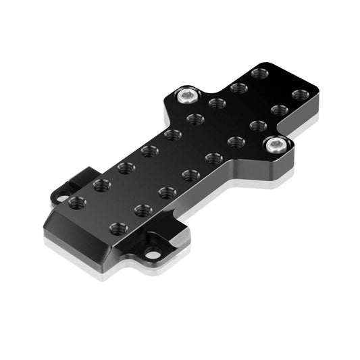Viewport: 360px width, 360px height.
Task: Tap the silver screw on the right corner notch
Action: point(274,144)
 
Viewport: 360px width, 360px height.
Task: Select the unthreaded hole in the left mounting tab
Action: point(62,199)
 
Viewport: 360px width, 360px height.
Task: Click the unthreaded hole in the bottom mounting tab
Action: point(153,255)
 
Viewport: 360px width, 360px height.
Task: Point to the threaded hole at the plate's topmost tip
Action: point(259,72)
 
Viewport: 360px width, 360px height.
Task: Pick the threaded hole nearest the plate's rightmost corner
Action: point(301,95)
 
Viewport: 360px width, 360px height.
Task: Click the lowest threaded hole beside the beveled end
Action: point(119,228)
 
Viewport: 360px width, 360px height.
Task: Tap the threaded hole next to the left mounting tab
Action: point(76,202)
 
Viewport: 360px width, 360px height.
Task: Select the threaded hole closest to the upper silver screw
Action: point(217,103)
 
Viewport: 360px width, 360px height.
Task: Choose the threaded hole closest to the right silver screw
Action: point(258,126)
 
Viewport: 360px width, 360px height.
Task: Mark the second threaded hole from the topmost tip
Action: point(238,88)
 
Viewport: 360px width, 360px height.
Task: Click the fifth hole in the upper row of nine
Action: point(172,134)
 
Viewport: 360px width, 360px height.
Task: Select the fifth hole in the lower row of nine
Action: point(213,159)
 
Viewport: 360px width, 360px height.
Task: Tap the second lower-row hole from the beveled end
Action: point(143,211)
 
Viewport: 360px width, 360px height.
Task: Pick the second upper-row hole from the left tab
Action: point(101,184)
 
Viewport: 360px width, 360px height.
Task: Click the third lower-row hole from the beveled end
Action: point(167,192)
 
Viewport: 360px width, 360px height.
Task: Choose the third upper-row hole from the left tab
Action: point(126,167)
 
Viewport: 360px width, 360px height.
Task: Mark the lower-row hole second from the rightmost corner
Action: point(280,109)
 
